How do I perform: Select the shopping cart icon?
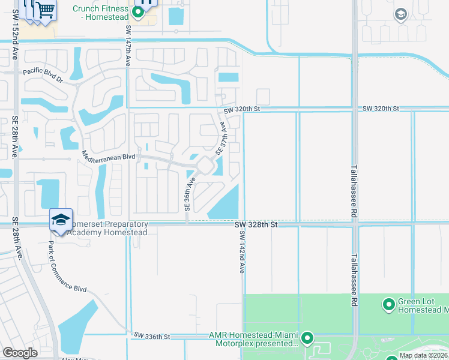(x=45, y=9)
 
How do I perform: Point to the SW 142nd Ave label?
(x=242, y=252)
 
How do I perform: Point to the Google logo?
(x=20, y=353)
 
